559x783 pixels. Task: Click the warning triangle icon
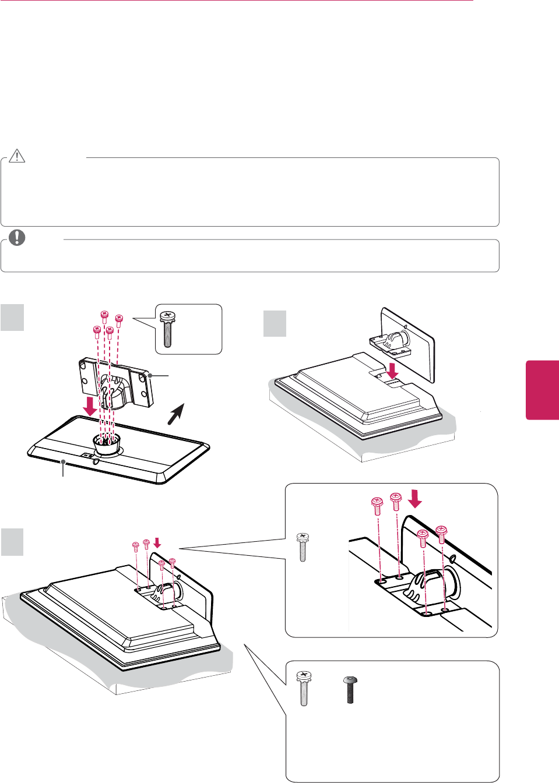coord(17,156)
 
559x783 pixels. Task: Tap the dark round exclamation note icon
coord(17,238)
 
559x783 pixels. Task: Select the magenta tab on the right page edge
coord(543,390)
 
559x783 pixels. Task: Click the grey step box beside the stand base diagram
coord(12,318)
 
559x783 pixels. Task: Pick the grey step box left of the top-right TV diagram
coord(275,323)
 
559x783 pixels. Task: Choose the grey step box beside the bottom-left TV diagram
coord(12,542)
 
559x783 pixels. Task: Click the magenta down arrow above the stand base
coord(90,406)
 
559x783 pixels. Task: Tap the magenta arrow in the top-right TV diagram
coord(393,369)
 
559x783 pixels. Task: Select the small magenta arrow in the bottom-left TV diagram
coord(157,543)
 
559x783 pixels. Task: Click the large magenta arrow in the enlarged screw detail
coord(415,499)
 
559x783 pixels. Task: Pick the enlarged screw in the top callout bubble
coord(168,329)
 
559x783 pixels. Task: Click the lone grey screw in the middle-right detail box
coord(303,546)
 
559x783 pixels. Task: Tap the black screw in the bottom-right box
coord(350,690)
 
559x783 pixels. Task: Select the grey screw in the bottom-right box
coord(304,688)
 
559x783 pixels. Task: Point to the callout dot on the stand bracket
coord(150,376)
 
